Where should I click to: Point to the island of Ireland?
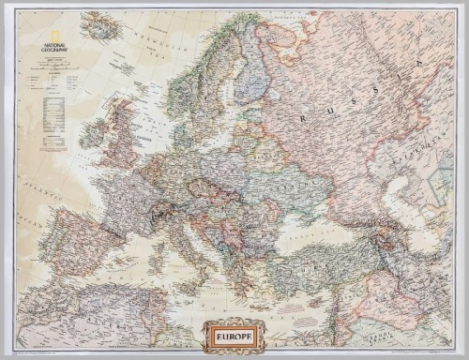tap(92, 132)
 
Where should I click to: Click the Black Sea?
tap(309, 225)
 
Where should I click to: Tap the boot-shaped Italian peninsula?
tap(202, 239)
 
